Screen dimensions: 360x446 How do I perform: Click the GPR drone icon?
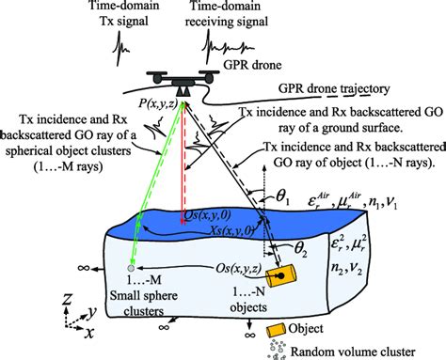coord(181,85)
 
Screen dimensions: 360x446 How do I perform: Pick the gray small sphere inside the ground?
coord(129,269)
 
